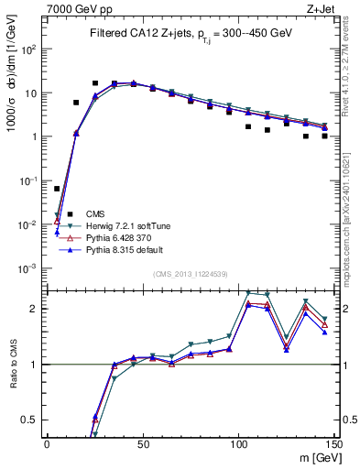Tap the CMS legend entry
(95, 213)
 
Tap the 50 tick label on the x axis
(143, 443)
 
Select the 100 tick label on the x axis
(238, 443)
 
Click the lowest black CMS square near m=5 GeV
(57, 189)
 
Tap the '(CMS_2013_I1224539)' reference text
(191, 274)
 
